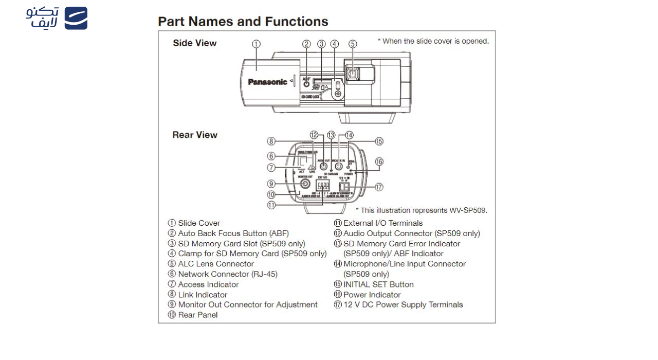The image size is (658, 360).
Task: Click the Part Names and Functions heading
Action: point(243,22)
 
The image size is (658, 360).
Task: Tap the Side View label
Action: point(195,43)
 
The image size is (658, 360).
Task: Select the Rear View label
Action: point(195,135)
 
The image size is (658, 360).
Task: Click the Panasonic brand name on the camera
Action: point(267,82)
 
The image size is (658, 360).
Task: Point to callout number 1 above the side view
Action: point(256,44)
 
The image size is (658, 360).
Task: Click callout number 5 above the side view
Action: point(353,44)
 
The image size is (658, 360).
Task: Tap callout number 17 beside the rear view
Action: point(379,187)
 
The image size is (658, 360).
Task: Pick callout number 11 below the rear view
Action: point(271,205)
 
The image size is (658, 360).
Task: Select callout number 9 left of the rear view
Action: point(271,184)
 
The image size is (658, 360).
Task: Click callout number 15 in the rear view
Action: point(379,141)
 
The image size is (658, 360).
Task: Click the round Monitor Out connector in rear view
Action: point(305,184)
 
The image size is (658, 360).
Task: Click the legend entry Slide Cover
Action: point(198,223)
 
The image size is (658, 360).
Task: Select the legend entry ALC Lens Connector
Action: point(215,264)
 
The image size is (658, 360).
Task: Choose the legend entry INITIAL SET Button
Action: point(378,284)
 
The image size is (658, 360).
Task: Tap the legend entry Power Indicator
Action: point(372,295)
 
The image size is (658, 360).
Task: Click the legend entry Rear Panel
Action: point(197,315)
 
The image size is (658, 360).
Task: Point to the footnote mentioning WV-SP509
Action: point(422,210)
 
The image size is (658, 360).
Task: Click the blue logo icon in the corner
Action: point(76,18)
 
